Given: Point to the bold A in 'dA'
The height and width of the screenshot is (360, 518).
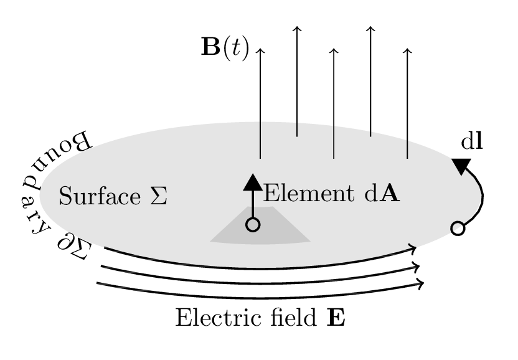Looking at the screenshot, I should click(x=390, y=194).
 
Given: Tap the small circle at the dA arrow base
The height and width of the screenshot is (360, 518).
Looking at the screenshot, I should click(x=253, y=225).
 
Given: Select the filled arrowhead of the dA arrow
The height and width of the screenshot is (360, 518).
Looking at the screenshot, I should click(x=253, y=182).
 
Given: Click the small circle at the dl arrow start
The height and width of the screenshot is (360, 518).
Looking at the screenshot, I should click(x=458, y=229).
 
